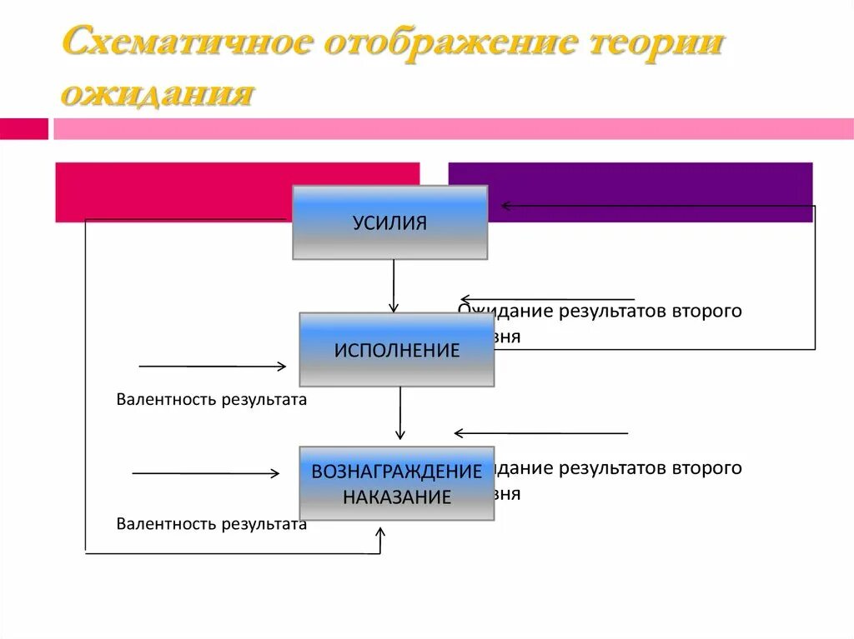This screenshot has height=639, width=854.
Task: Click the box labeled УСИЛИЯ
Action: pos(389,222)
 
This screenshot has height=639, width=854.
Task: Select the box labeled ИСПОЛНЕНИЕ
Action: pos(397,350)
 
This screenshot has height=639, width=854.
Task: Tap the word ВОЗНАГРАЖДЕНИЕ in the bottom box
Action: pos(397,472)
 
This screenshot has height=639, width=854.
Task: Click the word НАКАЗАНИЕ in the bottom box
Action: pos(397,498)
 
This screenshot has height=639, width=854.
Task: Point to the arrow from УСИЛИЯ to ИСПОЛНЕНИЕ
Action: pos(394,286)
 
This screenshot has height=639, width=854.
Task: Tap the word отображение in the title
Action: pos(450,43)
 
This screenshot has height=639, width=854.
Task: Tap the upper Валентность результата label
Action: pos(212,400)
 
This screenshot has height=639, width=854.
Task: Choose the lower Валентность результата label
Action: pos(212,524)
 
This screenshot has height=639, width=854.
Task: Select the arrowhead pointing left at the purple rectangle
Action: pos(505,206)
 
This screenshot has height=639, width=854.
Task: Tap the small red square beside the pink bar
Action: pos(24,129)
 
